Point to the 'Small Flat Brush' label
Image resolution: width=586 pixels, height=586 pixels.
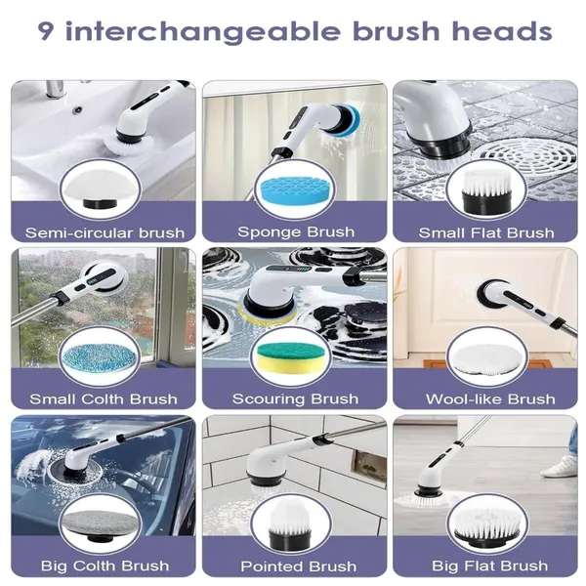[486, 232]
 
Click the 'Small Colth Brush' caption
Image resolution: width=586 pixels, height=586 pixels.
[104, 399]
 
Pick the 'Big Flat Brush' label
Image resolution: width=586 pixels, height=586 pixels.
[485, 565]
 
